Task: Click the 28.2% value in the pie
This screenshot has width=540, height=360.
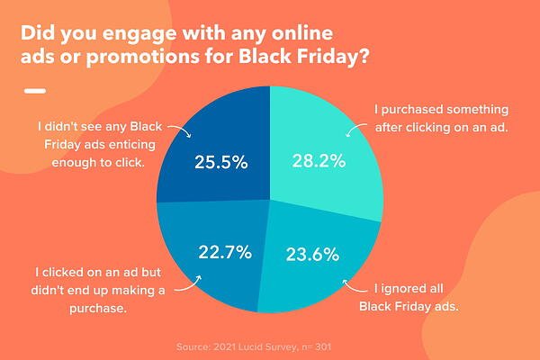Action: pyautogui.click(x=319, y=160)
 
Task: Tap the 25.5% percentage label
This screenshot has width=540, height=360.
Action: pyautogui.click(x=221, y=162)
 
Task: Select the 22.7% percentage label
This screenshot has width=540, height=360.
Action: pyautogui.click(x=225, y=252)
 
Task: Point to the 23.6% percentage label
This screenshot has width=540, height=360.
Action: pyautogui.click(x=312, y=255)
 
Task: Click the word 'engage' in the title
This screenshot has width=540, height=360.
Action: pyautogui.click(x=139, y=34)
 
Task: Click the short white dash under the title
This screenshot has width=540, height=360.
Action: pyautogui.click(x=35, y=91)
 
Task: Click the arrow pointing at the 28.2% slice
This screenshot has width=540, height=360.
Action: pyautogui.click(x=355, y=130)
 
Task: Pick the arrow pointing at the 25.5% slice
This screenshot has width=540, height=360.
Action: pyautogui.click(x=181, y=130)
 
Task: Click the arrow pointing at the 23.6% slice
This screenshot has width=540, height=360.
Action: pyautogui.click(x=354, y=287)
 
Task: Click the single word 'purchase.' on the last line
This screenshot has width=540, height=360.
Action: pyautogui.click(x=98, y=308)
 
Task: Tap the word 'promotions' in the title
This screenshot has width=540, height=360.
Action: pyautogui.click(x=142, y=57)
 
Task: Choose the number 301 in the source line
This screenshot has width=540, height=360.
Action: pyautogui.click(x=323, y=346)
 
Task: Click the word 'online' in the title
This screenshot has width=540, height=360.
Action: pyautogui.click(x=302, y=33)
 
